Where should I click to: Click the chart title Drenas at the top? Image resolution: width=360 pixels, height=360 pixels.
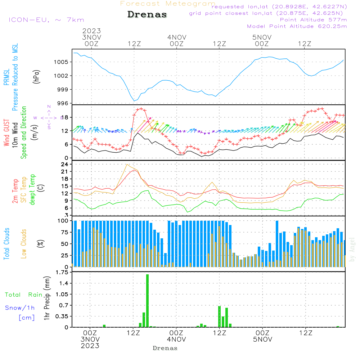coord(147,15)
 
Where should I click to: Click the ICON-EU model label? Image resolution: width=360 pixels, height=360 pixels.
coord(46,20)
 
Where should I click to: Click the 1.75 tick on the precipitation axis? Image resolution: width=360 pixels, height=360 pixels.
coord(62,273)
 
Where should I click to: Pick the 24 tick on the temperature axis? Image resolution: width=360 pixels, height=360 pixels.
coord(65,164)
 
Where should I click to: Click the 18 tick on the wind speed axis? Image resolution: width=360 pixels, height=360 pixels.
coord(65,117)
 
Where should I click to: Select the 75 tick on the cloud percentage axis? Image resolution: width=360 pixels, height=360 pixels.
coord(65,232)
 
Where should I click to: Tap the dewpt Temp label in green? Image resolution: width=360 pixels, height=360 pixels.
coord(32,189)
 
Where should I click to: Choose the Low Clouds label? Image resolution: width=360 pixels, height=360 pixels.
coord(24,244)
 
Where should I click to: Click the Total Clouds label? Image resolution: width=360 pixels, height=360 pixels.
coord(7,244)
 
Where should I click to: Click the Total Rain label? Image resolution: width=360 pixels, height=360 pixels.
coord(24,295)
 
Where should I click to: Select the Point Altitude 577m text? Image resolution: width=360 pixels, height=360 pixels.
coord(313,19)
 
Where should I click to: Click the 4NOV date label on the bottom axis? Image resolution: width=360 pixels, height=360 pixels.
coord(176,339)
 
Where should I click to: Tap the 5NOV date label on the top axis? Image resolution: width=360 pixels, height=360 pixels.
coord(262,37)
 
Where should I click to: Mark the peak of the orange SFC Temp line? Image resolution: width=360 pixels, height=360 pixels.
coord(127,165)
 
